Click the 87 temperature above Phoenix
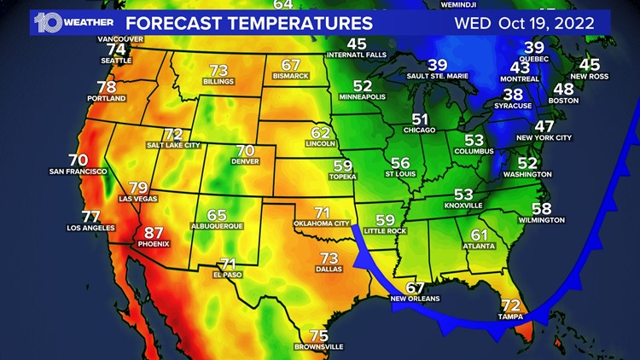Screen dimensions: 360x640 point(154,232)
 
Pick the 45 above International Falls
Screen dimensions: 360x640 point(357,44)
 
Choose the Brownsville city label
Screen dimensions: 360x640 point(318,347)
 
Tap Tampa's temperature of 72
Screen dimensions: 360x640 point(510,305)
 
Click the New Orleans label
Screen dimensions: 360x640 point(415,299)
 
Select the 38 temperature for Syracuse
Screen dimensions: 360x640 point(513,94)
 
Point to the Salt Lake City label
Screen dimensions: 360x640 point(172,145)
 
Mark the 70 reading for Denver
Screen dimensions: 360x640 point(245,150)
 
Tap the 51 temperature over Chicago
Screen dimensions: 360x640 point(420,119)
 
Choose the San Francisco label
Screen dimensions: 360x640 point(78,171)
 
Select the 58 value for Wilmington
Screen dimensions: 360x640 point(541,208)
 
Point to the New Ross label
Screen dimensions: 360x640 point(590,77)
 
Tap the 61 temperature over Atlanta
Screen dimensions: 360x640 point(480,235)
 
